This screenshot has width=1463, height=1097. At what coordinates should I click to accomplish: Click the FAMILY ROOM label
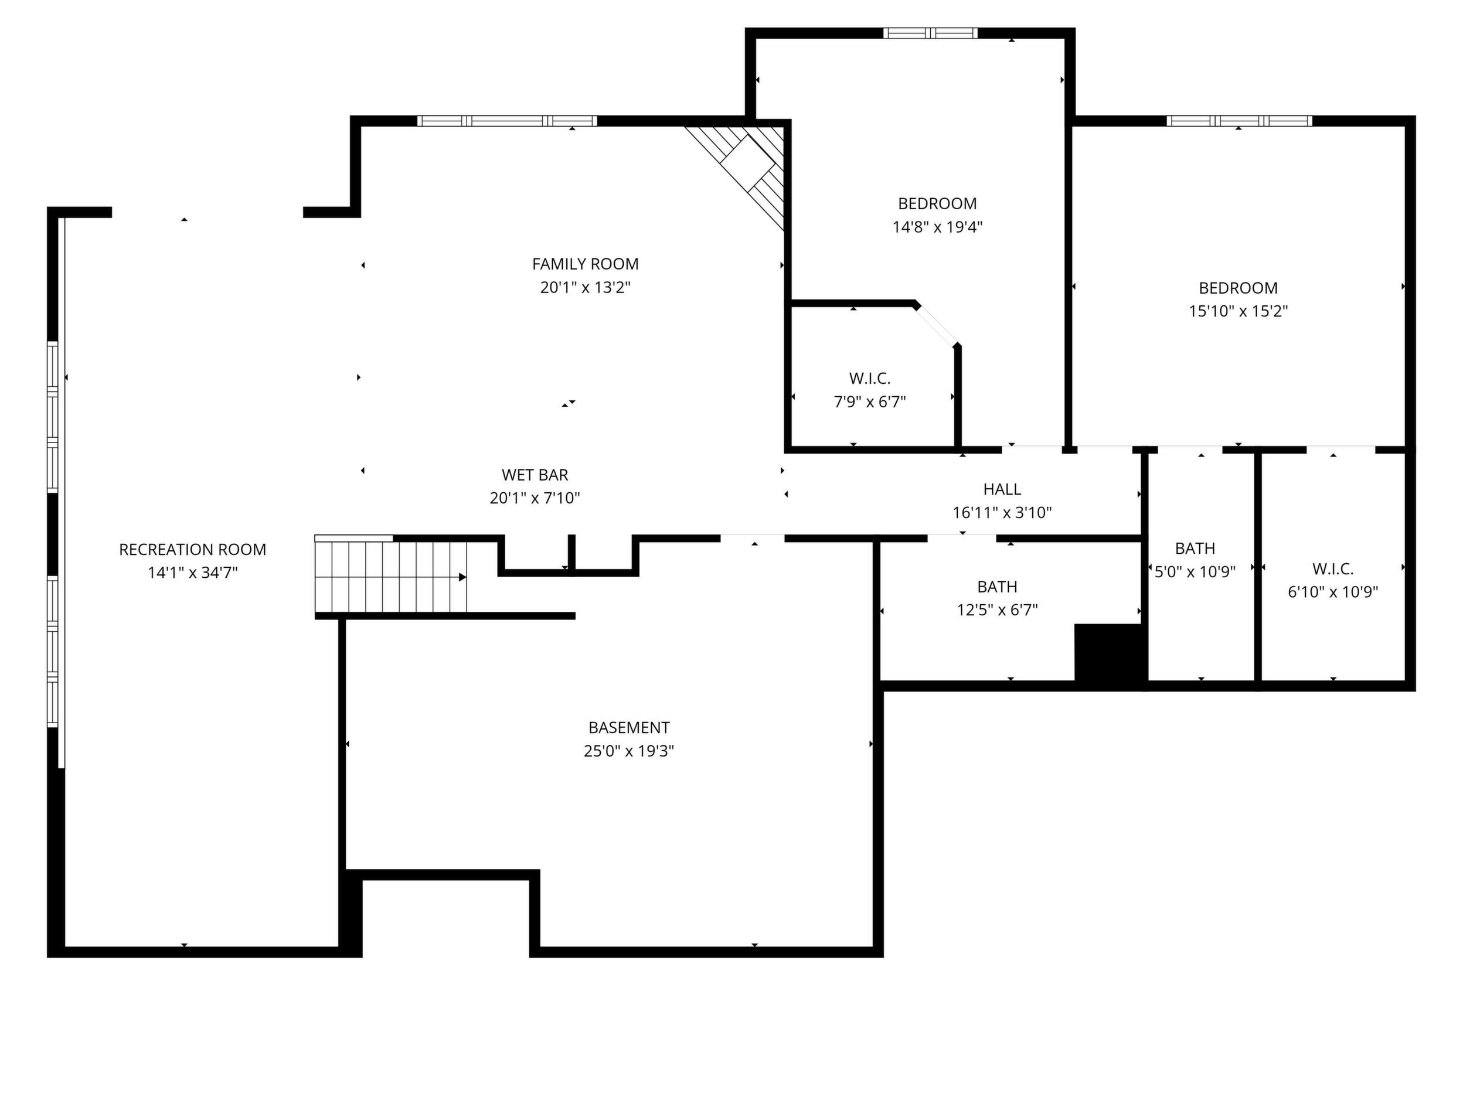[586, 264]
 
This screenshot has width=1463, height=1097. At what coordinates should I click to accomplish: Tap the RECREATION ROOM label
[192, 550]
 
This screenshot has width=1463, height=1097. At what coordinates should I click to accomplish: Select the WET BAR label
[535, 475]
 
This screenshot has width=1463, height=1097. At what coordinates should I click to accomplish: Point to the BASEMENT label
[629, 727]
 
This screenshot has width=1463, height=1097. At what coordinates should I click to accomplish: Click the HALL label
[1002, 489]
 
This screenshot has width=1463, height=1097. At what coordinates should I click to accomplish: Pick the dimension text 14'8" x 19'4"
[937, 227]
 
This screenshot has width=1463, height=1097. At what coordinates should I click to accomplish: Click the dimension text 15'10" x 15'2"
[1238, 311]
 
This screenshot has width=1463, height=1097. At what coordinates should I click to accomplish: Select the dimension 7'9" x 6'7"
[870, 401]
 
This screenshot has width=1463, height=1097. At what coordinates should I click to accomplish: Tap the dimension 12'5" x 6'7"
[998, 609]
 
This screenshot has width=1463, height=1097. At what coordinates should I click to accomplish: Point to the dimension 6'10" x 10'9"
[1333, 592]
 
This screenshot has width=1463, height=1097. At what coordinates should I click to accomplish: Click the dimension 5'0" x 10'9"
[1195, 572]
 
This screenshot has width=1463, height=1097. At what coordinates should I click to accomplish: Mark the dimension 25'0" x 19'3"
[629, 751]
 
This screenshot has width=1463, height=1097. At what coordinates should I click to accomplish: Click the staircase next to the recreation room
[391, 577]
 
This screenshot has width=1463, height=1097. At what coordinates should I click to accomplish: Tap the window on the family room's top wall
[507, 121]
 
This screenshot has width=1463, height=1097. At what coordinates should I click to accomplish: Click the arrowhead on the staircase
[463, 577]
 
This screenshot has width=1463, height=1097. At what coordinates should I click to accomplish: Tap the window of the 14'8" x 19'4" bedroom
[931, 33]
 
